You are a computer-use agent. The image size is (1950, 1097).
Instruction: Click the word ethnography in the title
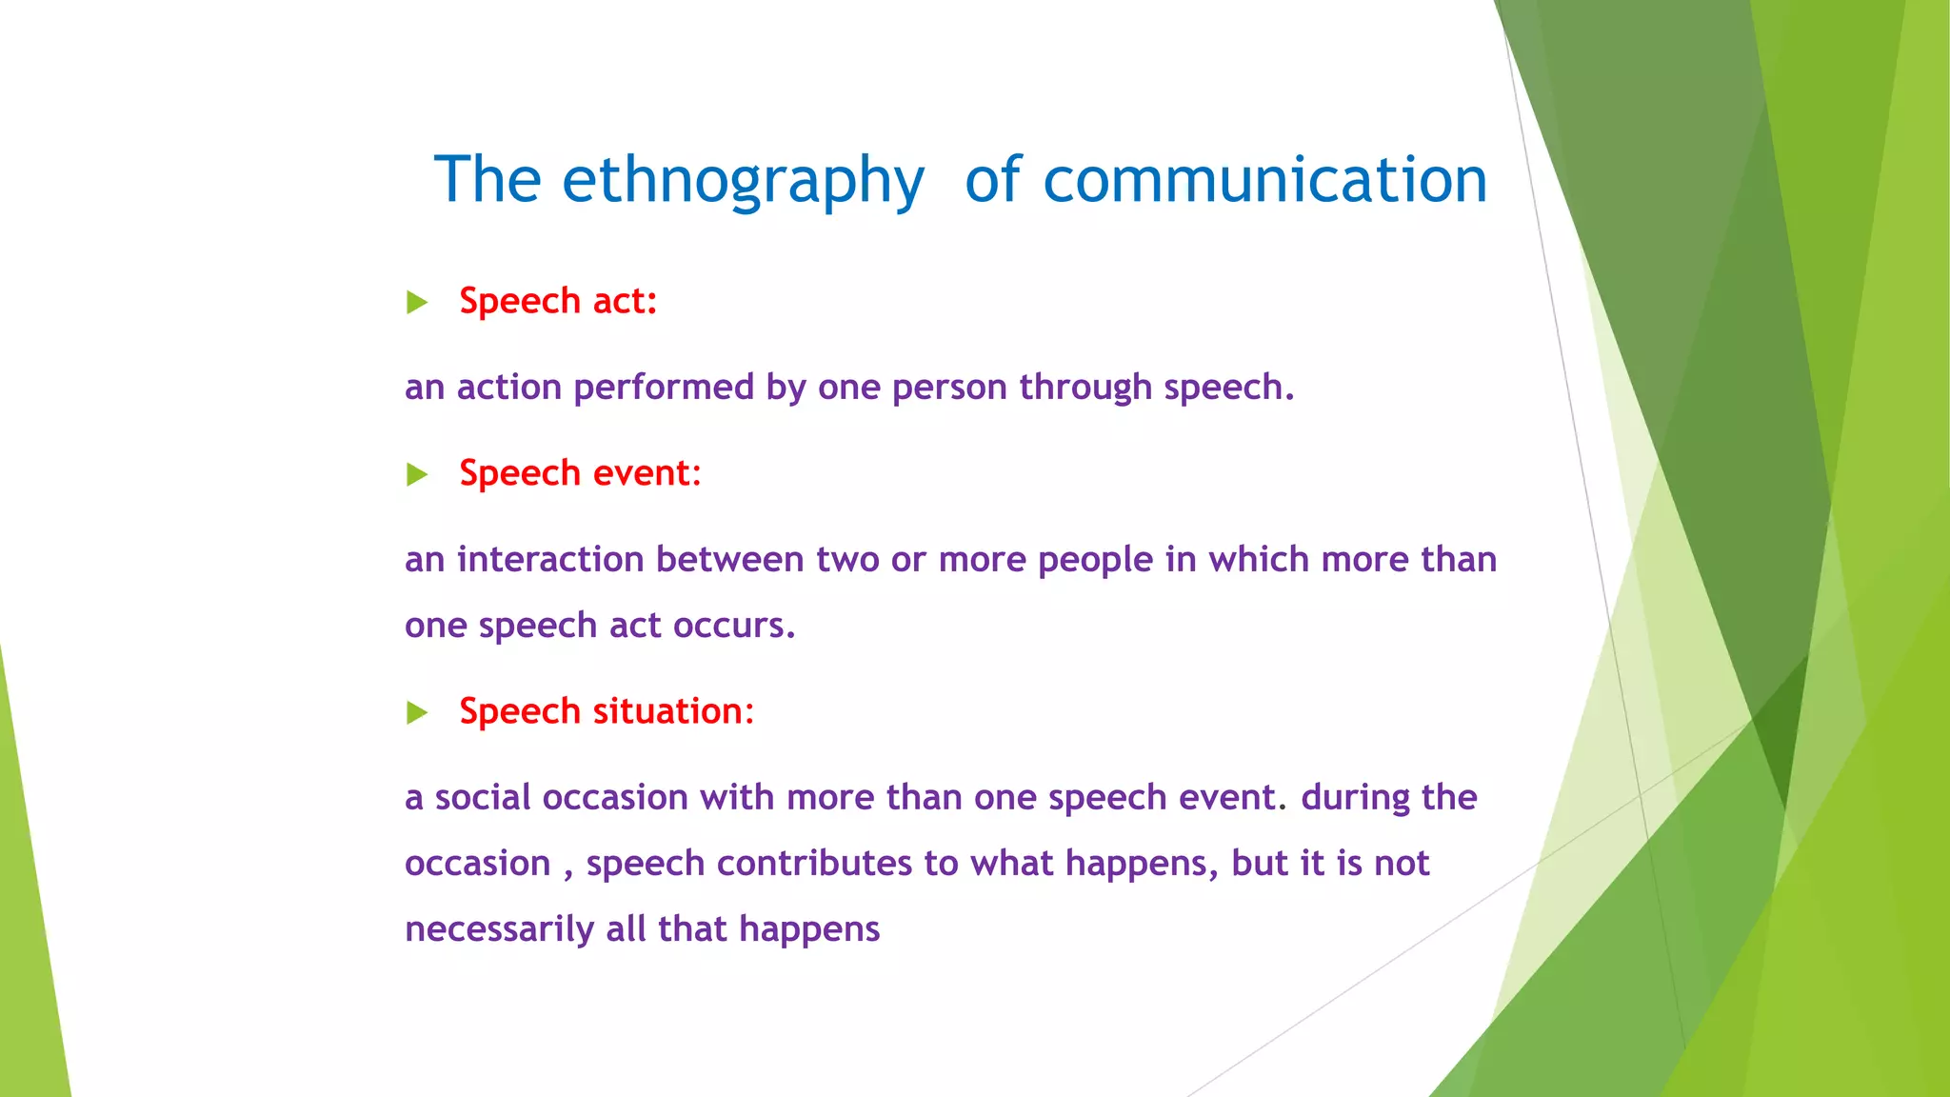click(743, 181)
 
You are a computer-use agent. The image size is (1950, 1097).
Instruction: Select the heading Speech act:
click(558, 301)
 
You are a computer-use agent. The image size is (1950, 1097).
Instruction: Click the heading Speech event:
click(580, 473)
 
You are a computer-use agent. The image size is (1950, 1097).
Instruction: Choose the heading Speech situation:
click(607, 711)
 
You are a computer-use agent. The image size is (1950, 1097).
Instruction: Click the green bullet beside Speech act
click(417, 303)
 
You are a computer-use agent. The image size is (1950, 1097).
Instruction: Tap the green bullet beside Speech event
click(417, 474)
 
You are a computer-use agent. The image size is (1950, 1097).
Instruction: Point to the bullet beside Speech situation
click(417, 712)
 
